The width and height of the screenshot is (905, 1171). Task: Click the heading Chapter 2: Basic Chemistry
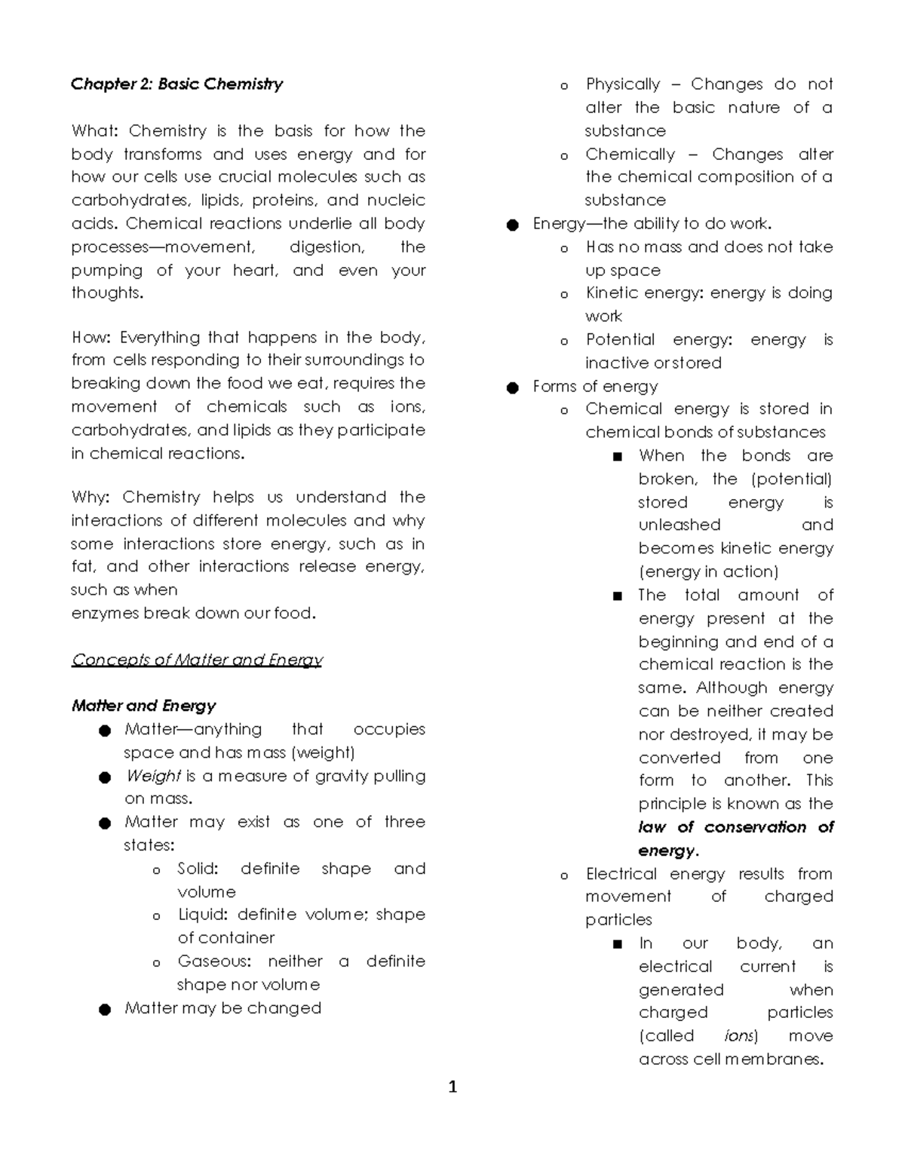(176, 84)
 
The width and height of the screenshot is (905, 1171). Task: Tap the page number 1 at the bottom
(452, 1087)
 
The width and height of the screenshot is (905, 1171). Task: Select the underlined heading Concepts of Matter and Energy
(197, 660)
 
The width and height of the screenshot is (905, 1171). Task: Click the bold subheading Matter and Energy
(143, 706)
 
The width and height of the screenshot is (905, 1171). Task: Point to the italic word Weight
(153, 776)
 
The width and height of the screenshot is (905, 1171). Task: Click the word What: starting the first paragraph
(94, 131)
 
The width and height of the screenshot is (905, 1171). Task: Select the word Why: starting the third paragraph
(90, 498)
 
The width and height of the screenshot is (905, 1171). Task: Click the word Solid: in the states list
(198, 869)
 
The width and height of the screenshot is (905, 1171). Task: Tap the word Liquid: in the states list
(202, 915)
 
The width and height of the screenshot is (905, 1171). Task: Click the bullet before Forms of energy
(513, 388)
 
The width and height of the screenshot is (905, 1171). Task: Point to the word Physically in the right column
(622, 84)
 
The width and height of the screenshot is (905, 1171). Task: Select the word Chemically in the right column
(630, 155)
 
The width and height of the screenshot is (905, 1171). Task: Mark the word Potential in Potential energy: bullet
(620, 340)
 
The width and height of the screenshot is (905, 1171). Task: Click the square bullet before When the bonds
(618, 456)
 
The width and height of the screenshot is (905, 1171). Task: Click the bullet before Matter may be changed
(105, 1010)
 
